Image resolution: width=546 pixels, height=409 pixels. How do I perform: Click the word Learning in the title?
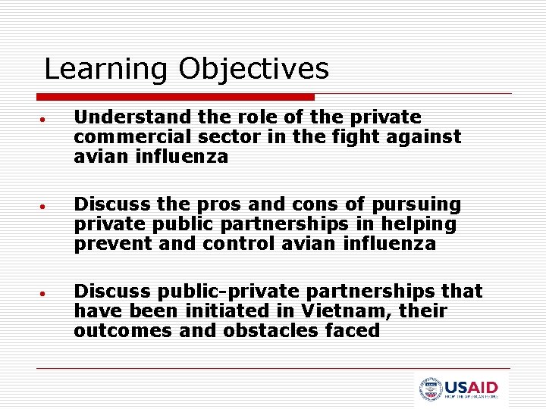[105, 69]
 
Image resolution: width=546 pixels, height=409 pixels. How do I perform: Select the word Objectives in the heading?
[254, 69]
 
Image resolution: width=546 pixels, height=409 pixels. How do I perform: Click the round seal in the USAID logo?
[430, 389]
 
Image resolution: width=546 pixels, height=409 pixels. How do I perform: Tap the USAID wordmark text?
[472, 386]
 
